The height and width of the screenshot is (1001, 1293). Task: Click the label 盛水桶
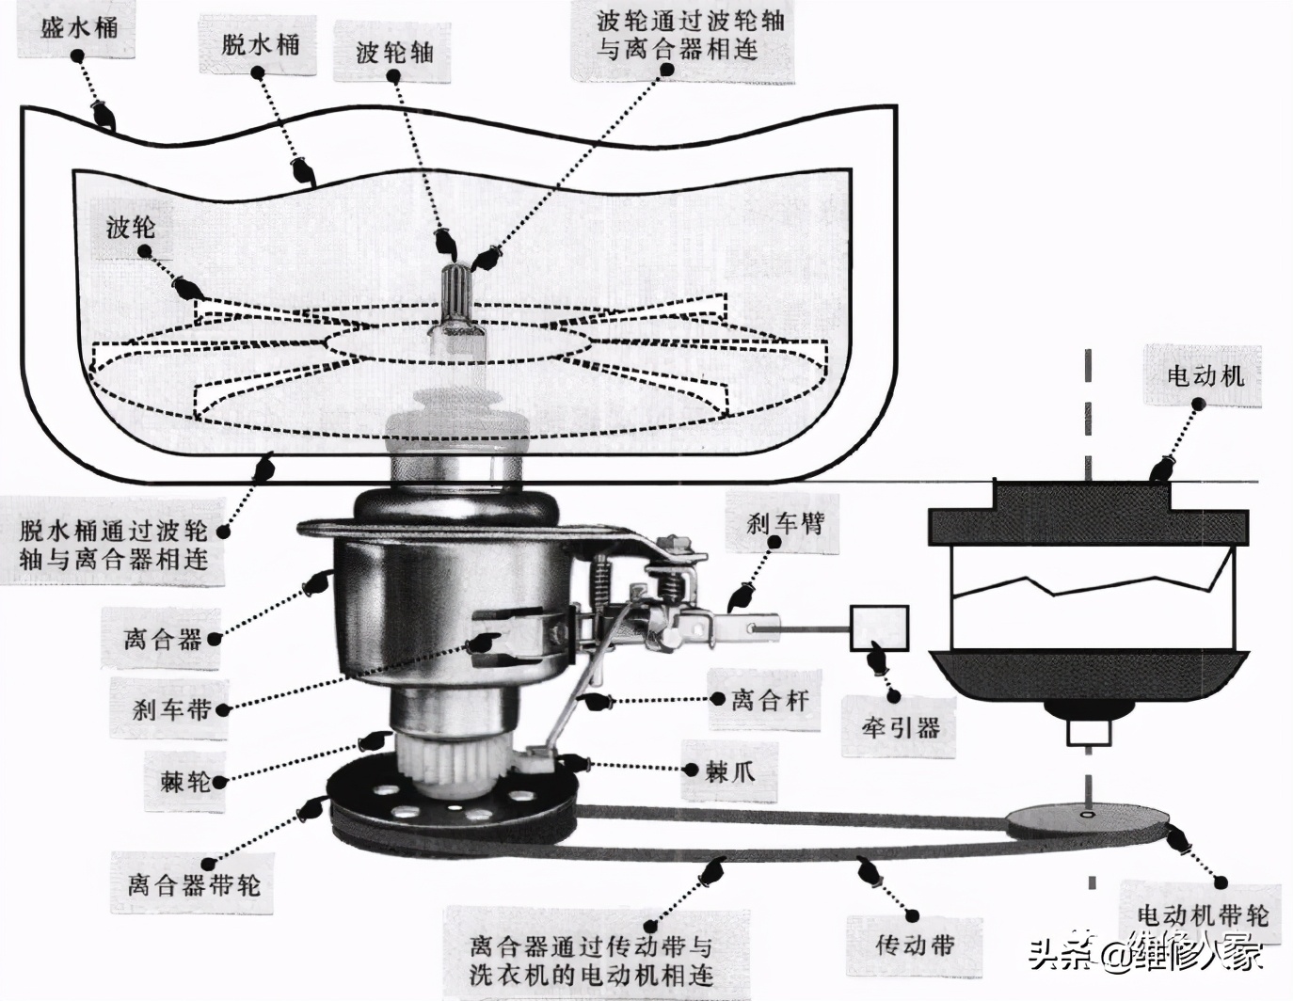[80, 27]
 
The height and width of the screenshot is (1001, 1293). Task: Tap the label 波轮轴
[395, 51]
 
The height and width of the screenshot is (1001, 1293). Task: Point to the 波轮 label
[131, 226]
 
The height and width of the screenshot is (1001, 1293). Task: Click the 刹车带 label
[171, 708]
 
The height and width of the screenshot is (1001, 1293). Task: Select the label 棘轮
[185, 780]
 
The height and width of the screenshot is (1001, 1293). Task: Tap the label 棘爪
[729, 772]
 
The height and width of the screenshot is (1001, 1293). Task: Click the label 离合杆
[770, 699]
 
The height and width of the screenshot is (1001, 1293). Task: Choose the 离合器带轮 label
[194, 884]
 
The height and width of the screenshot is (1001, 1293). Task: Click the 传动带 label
[915, 945]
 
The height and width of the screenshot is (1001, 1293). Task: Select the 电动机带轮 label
[1203, 915]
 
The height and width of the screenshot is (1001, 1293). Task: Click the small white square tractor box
[879, 628]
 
